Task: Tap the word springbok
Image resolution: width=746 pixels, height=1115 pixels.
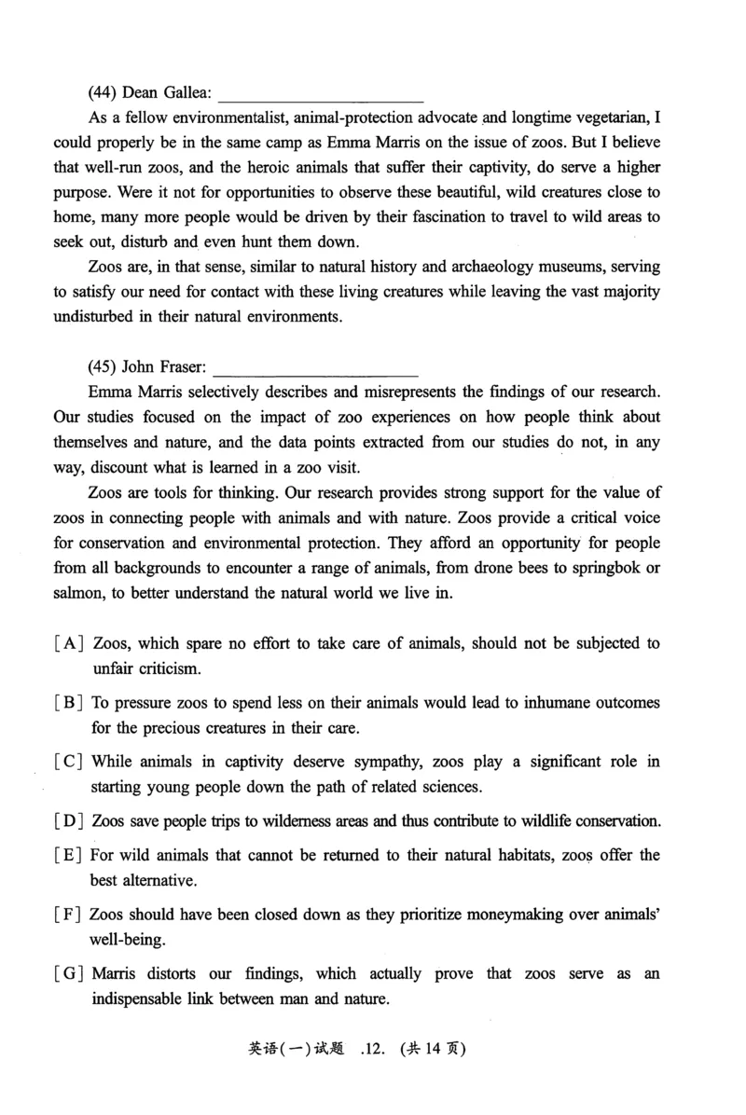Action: click(x=587, y=569)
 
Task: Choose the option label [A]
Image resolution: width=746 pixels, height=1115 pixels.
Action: click(x=70, y=643)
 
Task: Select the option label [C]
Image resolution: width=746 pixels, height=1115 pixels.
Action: click(x=70, y=762)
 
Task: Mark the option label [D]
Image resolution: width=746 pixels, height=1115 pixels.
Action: click(x=70, y=821)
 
